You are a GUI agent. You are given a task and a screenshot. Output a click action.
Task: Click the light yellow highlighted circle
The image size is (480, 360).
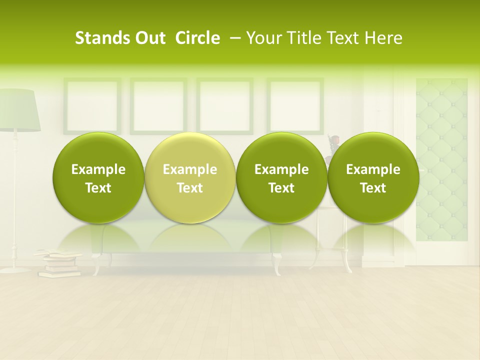[190, 178]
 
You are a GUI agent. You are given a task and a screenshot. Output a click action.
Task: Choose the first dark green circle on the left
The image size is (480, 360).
[98, 178]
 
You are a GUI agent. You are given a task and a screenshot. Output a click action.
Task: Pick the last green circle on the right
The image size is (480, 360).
[373, 178]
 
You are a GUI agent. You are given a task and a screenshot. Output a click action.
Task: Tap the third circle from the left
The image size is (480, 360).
[281, 178]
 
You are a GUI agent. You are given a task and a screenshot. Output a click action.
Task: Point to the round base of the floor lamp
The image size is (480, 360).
[15, 270]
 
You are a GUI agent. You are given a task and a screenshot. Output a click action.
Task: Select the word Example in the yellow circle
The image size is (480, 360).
[190, 169]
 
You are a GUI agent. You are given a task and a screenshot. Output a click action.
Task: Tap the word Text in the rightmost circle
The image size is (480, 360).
[373, 188]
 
